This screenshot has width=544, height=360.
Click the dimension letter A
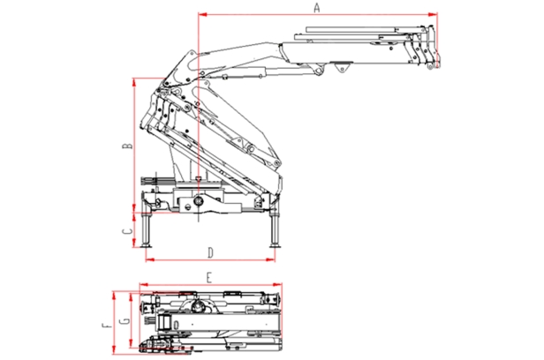[316, 8]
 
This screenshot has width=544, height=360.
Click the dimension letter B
[128, 146]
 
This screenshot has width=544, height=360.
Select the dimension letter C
[128, 231]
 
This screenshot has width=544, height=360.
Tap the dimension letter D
[210, 253]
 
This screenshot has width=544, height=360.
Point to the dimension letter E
[208, 278]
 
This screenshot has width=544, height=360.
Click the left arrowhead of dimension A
[203, 14]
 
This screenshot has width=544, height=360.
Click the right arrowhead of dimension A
[433, 14]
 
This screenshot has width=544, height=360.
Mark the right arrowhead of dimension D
[270, 259]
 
